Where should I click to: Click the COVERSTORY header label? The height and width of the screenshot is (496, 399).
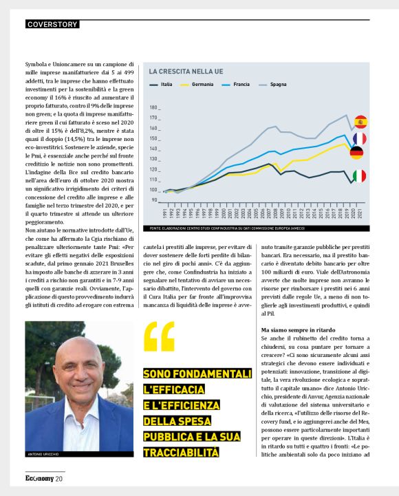[52, 25]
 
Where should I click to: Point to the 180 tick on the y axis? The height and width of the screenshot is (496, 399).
[153, 108]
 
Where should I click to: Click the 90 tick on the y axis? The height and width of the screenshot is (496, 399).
[155, 200]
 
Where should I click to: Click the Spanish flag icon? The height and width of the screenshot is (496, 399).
[360, 122]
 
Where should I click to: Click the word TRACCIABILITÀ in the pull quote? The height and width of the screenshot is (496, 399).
[181, 452]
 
